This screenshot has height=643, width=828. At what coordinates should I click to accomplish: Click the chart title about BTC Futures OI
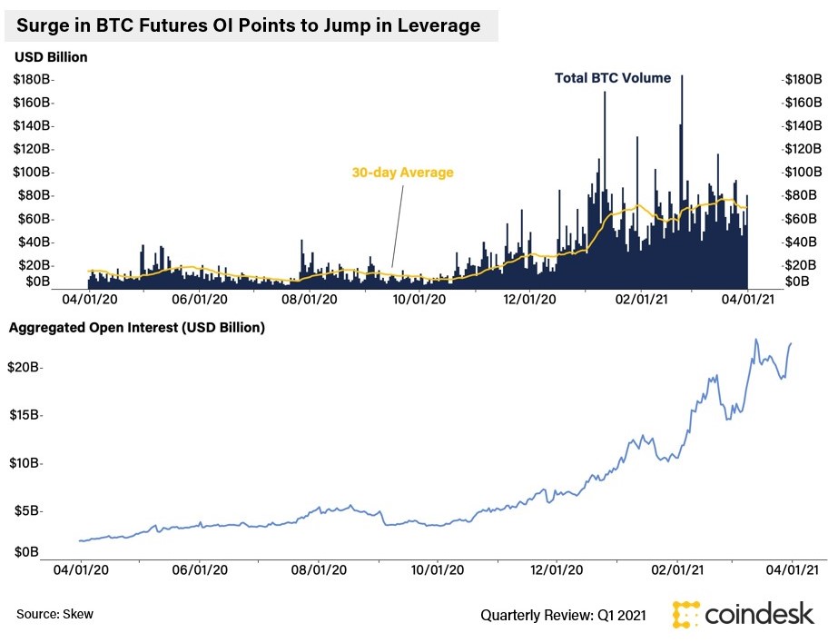click(248, 25)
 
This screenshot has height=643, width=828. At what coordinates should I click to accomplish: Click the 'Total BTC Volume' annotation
click(613, 78)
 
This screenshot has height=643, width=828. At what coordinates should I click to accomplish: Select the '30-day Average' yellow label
click(402, 172)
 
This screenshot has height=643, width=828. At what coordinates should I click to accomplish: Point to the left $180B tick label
click(33, 80)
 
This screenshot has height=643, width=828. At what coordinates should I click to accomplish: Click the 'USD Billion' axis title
click(51, 57)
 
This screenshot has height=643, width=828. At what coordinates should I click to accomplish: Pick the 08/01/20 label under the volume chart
click(310, 298)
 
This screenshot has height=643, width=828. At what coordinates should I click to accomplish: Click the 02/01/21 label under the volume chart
click(641, 298)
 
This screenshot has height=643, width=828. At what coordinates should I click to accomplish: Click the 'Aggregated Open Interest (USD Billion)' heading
click(137, 328)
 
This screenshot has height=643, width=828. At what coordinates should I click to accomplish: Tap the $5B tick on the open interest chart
click(26, 511)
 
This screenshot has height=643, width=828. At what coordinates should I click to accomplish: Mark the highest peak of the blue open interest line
click(755, 340)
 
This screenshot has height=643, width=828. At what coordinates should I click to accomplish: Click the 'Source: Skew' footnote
click(54, 615)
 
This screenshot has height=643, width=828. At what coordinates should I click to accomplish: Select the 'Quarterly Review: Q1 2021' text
click(563, 616)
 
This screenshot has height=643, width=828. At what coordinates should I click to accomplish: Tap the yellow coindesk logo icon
click(686, 614)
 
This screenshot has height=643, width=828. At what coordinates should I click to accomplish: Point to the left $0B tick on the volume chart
click(37, 282)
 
